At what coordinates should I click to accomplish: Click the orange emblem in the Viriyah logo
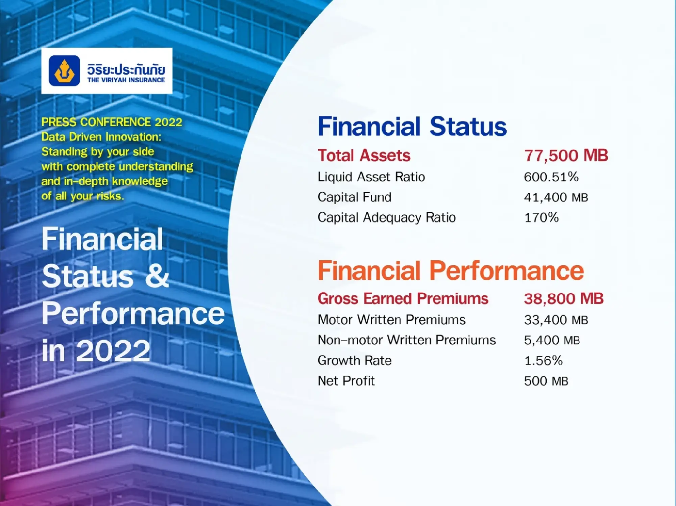64,71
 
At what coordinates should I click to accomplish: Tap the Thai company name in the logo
126,69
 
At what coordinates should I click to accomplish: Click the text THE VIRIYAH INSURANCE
126,80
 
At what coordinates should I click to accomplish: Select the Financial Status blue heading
412,126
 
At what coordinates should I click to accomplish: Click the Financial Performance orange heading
451,271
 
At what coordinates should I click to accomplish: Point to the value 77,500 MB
566,156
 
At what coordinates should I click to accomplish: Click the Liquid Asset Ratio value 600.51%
551,177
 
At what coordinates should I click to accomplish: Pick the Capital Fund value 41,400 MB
556,197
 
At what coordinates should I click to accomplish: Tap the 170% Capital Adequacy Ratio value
541,218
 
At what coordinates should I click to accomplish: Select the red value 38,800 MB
563,299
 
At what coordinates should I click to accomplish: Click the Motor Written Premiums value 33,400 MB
556,320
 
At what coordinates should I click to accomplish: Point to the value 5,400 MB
552,340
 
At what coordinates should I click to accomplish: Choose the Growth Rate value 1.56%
543,361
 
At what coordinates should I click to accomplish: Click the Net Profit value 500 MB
546,381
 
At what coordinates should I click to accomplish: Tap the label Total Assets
364,156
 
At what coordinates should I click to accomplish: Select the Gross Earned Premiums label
403,299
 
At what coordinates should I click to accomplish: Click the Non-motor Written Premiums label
407,340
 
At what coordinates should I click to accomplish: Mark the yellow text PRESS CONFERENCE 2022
112,122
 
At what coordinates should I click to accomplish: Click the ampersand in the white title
157,276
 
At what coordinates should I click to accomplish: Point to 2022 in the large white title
113,351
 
